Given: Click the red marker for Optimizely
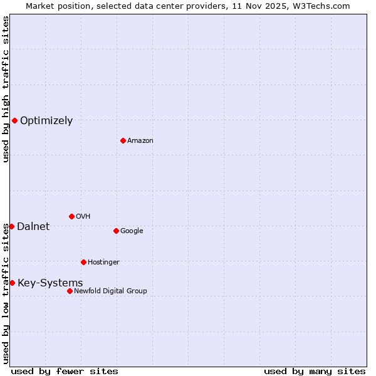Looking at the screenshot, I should click(x=14, y=120).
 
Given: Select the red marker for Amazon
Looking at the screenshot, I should click(x=123, y=140).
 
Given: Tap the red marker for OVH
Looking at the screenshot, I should click(x=71, y=216).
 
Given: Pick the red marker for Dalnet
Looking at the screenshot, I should click(x=11, y=226).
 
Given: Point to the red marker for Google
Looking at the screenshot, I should click(x=116, y=231).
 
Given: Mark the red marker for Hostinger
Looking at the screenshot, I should click(x=83, y=262).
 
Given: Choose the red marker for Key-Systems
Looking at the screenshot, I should click(x=12, y=283).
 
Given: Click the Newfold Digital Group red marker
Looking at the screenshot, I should click(x=70, y=291).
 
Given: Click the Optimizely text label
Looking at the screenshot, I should click(x=46, y=121).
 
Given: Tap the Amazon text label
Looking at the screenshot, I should click(x=140, y=141).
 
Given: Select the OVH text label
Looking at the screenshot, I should click(x=83, y=217).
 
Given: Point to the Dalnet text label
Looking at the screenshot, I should click(x=33, y=227).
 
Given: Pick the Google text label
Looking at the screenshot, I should click(x=132, y=231).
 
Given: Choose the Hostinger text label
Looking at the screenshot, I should click(x=103, y=263).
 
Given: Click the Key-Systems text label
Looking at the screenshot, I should click(x=50, y=283).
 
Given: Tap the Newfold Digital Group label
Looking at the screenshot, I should click(x=110, y=291).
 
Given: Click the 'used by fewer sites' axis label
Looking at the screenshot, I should click(x=65, y=371).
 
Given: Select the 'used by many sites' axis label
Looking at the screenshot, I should click(x=315, y=371).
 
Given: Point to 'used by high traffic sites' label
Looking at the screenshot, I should click(x=6, y=89).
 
